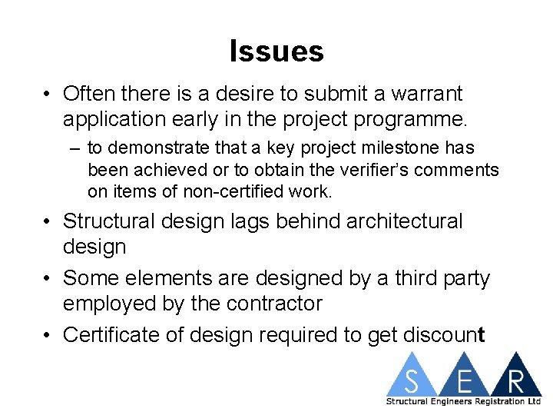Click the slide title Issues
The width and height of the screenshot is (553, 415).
point(276,51)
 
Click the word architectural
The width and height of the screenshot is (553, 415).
point(405,221)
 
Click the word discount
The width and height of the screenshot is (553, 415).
point(442,335)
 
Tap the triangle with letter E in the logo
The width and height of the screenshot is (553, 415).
point(464,378)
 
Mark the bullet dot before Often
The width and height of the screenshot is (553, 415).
point(48,95)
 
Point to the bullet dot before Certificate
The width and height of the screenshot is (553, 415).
point(48,336)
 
